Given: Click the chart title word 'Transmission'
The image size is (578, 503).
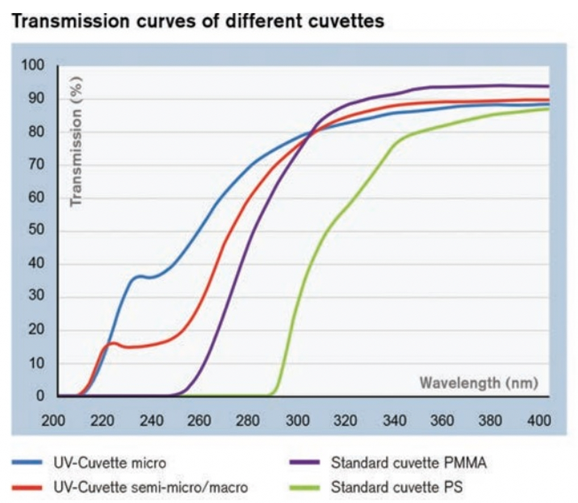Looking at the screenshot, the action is (x=70, y=20).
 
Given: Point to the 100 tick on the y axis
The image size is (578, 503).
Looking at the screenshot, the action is (x=32, y=65).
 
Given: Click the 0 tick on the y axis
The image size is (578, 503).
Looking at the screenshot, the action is (x=40, y=395).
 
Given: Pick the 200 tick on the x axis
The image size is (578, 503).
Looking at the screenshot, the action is (x=53, y=421).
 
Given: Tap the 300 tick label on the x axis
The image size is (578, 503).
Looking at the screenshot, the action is (x=298, y=421).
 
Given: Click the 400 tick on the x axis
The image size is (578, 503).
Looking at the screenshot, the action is (x=539, y=421).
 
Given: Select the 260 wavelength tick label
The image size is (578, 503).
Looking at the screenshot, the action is (x=199, y=421).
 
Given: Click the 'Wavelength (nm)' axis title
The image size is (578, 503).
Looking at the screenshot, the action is (x=479, y=383).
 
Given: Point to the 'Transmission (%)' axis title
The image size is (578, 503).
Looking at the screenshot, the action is (x=76, y=141).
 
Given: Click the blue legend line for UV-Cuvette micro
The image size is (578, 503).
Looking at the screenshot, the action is (x=27, y=462).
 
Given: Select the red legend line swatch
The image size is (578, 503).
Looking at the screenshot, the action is (x=27, y=488).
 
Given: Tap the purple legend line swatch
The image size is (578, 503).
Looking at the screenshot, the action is (x=304, y=462).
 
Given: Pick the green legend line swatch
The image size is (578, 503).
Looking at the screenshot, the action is (x=304, y=488).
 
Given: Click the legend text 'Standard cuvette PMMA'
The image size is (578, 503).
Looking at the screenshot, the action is (x=409, y=463).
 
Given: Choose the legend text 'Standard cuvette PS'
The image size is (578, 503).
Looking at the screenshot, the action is (x=397, y=487).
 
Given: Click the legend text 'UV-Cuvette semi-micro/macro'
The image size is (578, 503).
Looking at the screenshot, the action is (x=151, y=488).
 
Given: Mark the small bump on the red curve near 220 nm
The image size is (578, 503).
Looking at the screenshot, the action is (x=112, y=343).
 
